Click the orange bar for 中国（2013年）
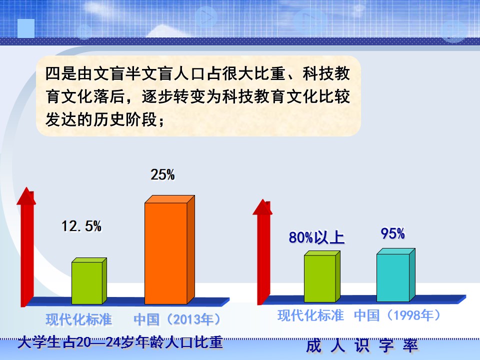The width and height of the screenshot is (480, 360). [169, 250]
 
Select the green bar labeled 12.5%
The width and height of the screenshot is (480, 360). [89, 281]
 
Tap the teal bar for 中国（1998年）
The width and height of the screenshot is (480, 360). [396, 275]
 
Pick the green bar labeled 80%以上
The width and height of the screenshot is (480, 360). [322, 276]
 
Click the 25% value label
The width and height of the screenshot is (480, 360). [162, 175]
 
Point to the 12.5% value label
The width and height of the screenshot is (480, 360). [81, 226]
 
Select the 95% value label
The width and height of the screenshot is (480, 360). [393, 233]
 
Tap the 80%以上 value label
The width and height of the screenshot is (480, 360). [316, 237]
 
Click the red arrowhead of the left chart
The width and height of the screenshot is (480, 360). [26, 196]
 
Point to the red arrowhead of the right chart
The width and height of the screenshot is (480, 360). [262, 207]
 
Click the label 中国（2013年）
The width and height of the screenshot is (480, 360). [177, 319]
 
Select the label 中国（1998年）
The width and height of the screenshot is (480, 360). [397, 315]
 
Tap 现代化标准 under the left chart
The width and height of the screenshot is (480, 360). [78, 319]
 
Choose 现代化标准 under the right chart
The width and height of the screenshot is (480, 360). [310, 315]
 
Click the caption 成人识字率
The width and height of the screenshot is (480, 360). [362, 346]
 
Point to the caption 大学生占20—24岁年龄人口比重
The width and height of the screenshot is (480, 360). [120, 342]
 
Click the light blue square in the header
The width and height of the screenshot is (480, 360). [26, 28]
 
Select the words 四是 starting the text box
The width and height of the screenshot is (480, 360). [61, 74]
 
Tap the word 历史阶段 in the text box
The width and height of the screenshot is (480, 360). [125, 119]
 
